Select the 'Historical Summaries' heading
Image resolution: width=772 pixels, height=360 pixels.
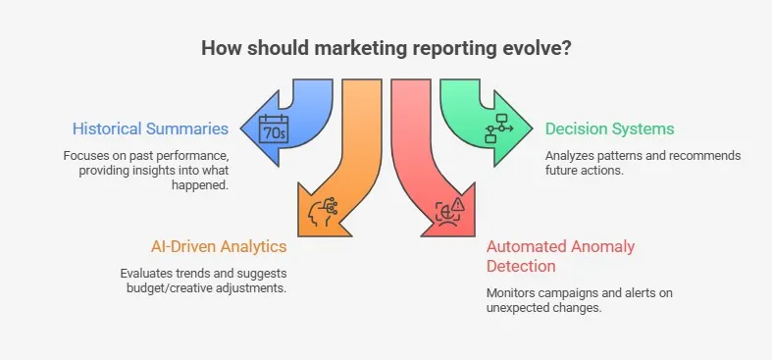(x=150, y=129)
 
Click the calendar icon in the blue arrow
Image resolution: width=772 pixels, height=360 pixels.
(x=274, y=128)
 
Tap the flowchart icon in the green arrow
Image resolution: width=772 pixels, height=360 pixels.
(x=499, y=129)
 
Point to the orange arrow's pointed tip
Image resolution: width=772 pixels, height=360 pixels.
(x=297, y=233)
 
